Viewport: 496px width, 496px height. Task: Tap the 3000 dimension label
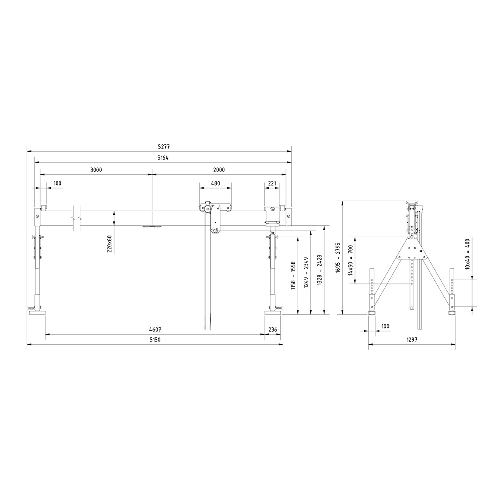[x=96, y=170]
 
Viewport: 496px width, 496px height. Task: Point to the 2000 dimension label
[x=219, y=170]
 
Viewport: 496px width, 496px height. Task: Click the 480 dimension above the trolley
[x=215, y=183]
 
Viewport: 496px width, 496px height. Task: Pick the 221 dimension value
[x=272, y=183]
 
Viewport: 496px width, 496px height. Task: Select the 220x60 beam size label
[x=109, y=244]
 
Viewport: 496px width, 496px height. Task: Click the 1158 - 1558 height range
[x=293, y=275]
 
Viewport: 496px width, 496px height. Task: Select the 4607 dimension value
[x=155, y=330]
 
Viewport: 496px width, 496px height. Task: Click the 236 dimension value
[x=273, y=330]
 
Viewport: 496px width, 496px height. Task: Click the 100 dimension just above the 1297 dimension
[x=385, y=327]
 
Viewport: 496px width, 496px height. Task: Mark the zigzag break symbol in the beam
[x=77, y=217]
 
